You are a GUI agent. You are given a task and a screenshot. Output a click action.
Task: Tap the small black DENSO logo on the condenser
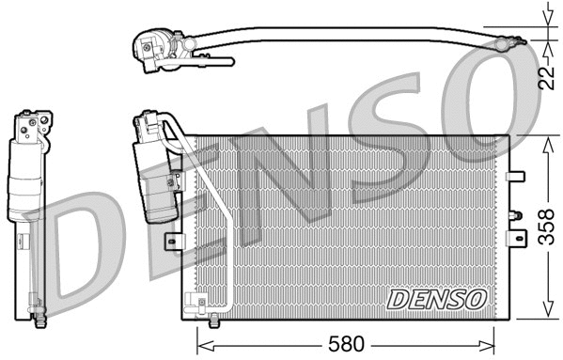coord(437,299)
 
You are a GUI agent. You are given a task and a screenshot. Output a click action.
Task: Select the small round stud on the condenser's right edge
coord(513,215)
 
